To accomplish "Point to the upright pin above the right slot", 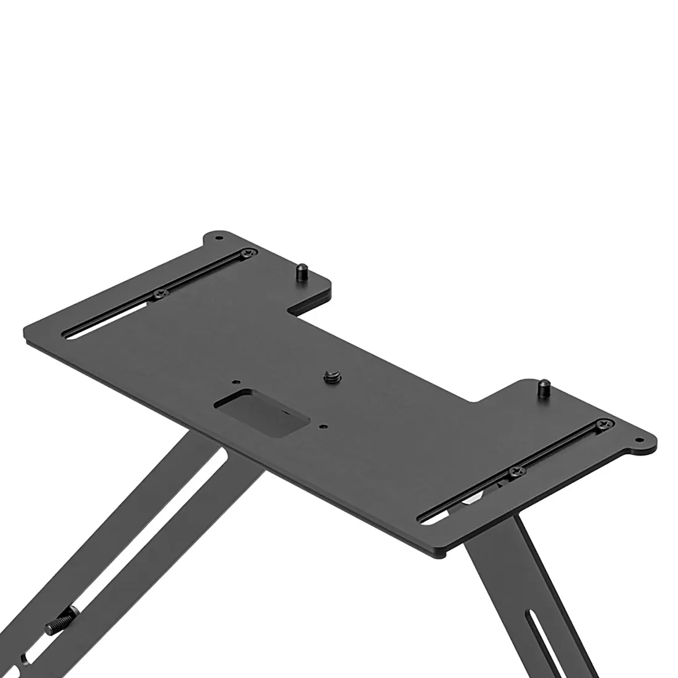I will coord(544,388).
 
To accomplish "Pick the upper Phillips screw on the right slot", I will coord(601,425).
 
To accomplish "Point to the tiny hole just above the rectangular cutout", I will coord(234,382).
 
